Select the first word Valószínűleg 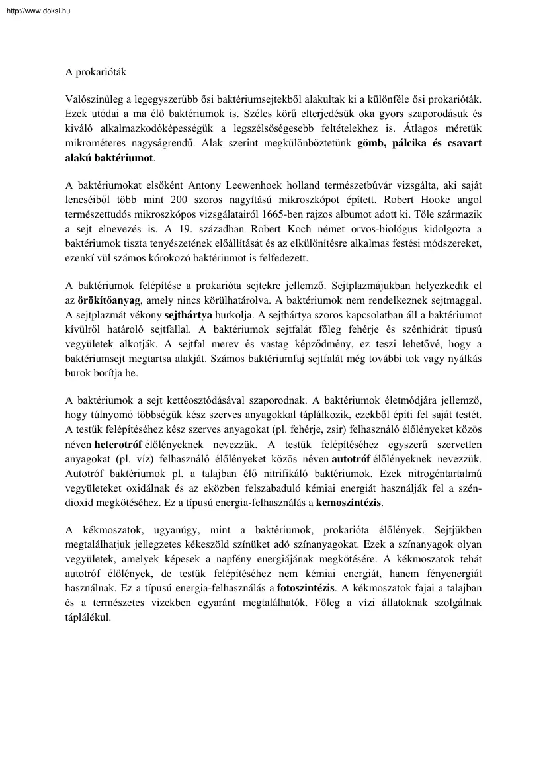click(93, 99)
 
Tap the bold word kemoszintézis click(349, 502)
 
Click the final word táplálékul click(88, 617)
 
